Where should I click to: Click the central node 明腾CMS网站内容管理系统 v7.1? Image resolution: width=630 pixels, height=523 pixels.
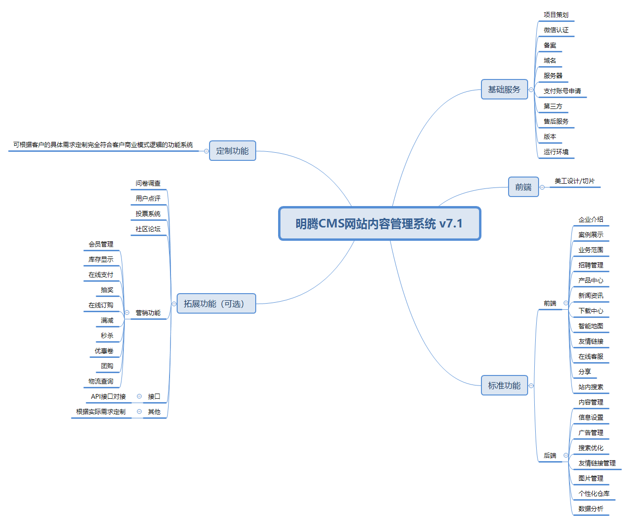coord(380,224)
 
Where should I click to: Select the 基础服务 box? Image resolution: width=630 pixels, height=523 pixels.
coord(504,89)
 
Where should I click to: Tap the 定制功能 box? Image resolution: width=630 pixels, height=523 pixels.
coord(232,151)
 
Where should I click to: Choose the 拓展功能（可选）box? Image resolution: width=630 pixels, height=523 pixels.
coord(216,304)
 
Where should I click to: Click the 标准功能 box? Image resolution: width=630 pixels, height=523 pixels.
coord(504,385)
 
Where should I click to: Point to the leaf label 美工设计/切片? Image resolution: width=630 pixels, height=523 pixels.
coord(574,181)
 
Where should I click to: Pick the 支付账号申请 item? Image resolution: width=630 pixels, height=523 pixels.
coord(562,91)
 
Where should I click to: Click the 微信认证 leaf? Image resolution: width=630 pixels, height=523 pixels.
coord(556,30)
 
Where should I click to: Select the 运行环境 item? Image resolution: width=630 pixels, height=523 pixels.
coord(556,152)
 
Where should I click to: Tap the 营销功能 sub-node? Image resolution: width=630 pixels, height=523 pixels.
coord(148,313)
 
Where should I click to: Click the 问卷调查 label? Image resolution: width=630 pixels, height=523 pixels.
coord(148,183)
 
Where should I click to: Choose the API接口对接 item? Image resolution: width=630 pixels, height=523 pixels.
coord(108,396)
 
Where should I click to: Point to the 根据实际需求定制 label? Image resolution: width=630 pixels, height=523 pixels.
coord(100,412)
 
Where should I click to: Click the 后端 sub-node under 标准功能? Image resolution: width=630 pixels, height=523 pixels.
coord(550,455)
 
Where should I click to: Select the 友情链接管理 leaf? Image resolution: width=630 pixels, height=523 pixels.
coord(597,463)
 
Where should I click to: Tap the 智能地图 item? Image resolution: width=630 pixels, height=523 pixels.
coord(590,326)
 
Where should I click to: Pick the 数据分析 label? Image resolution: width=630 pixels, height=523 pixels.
coord(590,509)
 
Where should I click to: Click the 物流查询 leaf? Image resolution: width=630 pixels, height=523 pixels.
coord(100,381)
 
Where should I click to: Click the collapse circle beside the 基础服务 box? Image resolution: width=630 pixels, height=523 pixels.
coord(531,89)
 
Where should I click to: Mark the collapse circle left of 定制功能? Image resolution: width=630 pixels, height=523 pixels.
coord(206,151)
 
